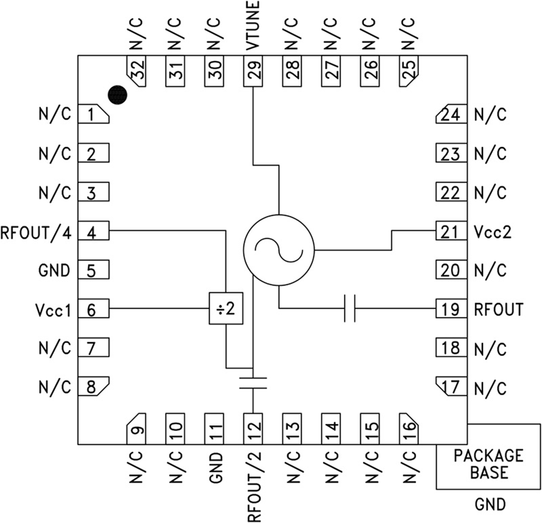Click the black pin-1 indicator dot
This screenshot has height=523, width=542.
(x=118, y=94)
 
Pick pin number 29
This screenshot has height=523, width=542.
(x=254, y=72)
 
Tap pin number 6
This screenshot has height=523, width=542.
(x=92, y=310)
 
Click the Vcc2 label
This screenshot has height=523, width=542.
(x=493, y=231)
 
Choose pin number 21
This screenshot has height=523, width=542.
(x=450, y=231)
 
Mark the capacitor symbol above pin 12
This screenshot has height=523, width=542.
(x=253, y=383)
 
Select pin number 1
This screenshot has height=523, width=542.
(x=92, y=114)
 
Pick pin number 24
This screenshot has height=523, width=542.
(x=450, y=114)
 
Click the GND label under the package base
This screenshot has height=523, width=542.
(x=490, y=504)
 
